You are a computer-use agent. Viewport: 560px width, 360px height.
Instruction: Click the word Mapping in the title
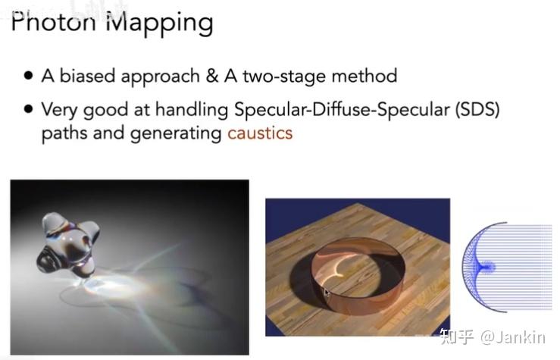[x=158, y=23]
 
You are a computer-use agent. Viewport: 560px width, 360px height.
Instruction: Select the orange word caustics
[x=260, y=133]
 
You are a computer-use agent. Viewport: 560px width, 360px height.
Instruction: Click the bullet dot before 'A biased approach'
[x=28, y=76]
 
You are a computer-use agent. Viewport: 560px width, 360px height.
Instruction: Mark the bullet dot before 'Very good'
[x=28, y=109]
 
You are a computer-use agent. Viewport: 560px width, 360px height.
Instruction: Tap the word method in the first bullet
[x=367, y=76]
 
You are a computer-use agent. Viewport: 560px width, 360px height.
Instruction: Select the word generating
[x=182, y=134]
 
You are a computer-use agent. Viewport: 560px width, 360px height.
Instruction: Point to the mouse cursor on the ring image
[x=327, y=293]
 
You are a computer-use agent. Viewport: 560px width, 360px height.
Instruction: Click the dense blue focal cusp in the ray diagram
[x=487, y=267]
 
